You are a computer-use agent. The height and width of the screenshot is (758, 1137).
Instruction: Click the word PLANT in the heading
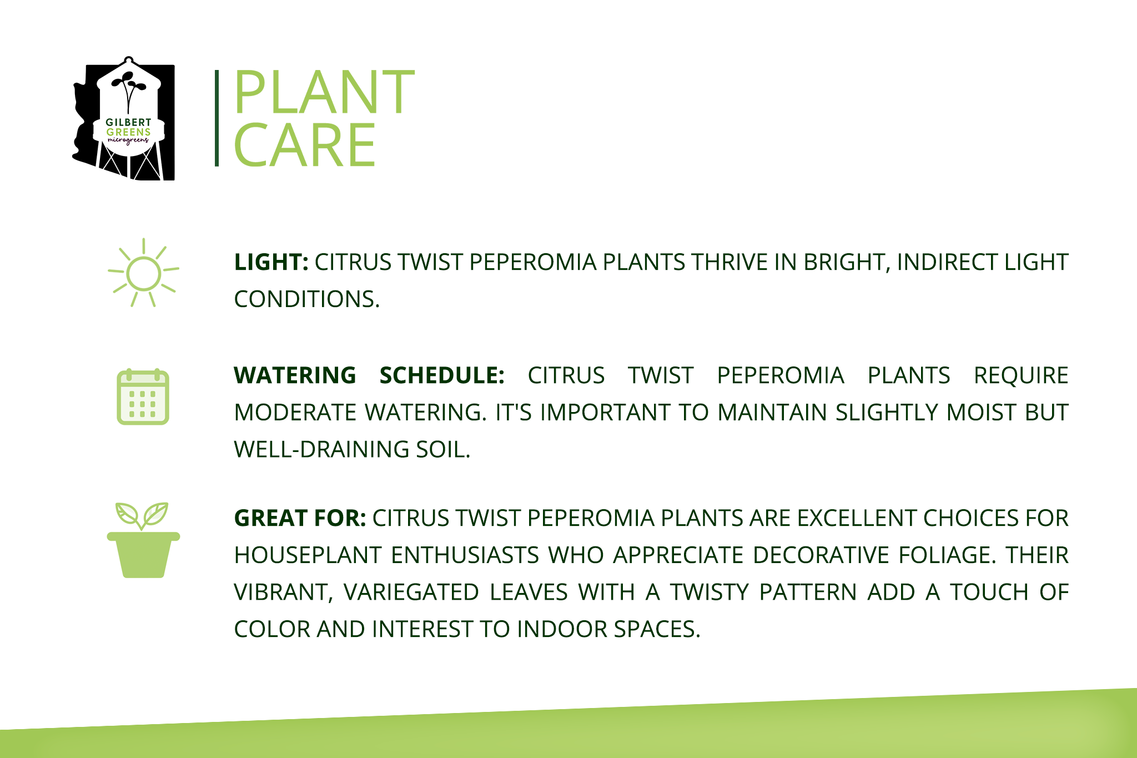pos(324,92)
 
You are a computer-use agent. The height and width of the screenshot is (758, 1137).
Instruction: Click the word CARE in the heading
pos(305,145)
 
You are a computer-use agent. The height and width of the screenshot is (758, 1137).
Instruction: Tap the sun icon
pos(143,273)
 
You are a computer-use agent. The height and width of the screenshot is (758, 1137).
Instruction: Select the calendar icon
pos(143,396)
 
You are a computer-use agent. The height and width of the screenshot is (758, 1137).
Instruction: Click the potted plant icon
pos(143,540)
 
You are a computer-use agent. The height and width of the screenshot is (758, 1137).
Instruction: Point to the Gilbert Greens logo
pos(124,118)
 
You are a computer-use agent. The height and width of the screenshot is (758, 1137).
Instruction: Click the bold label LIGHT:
pos(271,262)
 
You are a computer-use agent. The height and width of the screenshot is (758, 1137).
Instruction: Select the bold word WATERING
pos(295,375)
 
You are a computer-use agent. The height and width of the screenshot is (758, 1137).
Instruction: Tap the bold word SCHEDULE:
pos(442,375)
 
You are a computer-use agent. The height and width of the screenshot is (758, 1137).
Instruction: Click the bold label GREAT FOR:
pos(300,518)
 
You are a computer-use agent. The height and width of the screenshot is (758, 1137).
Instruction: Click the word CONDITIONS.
pos(307,299)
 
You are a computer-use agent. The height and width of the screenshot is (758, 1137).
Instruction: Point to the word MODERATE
pos(295,413)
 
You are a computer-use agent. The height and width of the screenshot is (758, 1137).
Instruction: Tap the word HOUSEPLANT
pos(308,555)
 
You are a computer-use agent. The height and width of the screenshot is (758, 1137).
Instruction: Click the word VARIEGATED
pos(411,592)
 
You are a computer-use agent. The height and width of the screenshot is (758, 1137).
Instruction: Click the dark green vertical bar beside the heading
pos(217,118)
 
